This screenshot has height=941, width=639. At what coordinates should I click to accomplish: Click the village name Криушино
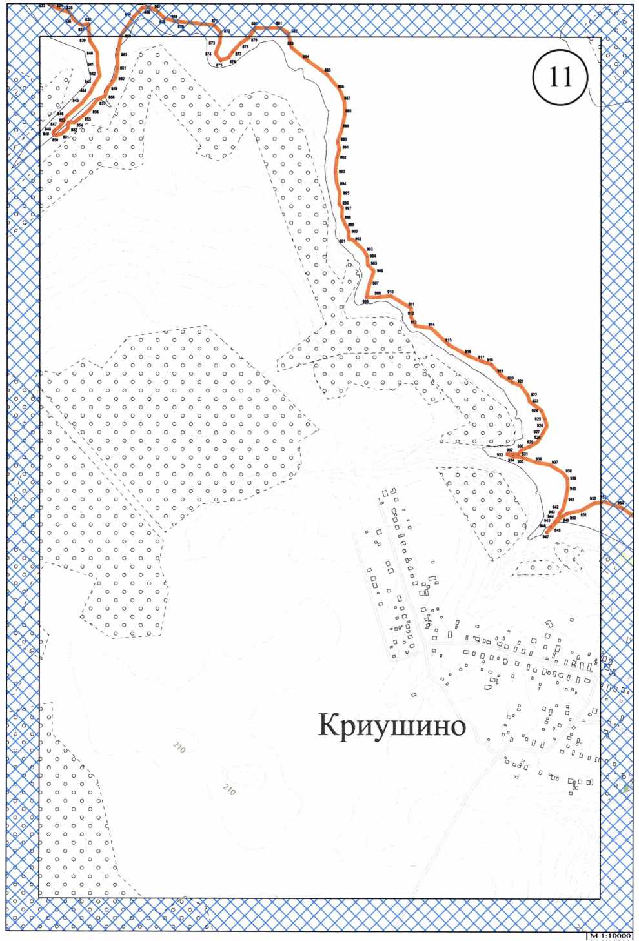pos(392,725)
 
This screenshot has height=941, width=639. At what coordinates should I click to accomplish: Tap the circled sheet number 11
pos(560,77)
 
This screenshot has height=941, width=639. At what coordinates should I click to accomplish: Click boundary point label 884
pos(306,57)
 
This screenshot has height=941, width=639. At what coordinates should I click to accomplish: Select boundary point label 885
pos(327,70)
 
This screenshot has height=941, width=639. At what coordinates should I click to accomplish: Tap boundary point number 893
pos(341,172)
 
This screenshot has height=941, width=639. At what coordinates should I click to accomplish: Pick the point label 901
pos(342,241)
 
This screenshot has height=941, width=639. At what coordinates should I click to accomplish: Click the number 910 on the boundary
pos(390,292)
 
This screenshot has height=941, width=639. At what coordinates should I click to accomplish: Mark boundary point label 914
pos(431,325)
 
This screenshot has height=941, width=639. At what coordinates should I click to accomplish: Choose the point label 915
pos(448,340)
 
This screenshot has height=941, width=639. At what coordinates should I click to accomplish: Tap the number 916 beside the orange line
pos(468,352)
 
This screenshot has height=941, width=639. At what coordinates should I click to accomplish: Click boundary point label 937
pos(554,463)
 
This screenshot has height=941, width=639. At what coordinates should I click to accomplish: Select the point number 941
pos(571,500)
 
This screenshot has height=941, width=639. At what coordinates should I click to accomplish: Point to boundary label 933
pos(500,455)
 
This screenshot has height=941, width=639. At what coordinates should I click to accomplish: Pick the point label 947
pos(545,537)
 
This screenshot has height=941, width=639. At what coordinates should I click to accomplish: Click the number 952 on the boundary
pos(593,499)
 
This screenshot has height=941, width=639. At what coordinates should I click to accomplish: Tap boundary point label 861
pos(123,68)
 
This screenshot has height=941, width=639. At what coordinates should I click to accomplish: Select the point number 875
pos(219,65)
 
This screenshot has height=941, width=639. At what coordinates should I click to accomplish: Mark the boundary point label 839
pos(83,41)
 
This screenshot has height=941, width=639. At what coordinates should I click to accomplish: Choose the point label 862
pos(124,55)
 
